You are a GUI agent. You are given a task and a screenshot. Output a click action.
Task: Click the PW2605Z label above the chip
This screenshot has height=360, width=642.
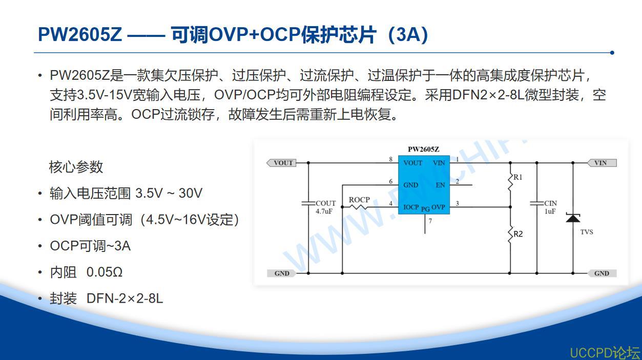(x=423, y=149)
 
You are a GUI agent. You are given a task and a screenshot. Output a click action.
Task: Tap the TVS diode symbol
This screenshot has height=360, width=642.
(x=573, y=218)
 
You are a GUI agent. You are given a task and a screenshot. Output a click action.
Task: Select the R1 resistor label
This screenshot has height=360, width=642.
(x=518, y=177)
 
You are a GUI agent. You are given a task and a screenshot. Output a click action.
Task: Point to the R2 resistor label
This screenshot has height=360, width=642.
(x=518, y=234)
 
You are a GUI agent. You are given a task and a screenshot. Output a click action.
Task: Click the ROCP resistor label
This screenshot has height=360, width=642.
(x=359, y=200)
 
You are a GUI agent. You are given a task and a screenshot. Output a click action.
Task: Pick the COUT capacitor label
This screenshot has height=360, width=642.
(x=325, y=203)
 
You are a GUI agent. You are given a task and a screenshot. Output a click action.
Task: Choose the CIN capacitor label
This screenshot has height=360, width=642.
(x=551, y=203)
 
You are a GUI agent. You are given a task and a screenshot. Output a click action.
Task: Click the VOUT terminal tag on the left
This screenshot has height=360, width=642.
(x=281, y=163)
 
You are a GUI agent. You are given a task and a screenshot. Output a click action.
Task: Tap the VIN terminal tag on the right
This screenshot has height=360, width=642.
(x=602, y=163)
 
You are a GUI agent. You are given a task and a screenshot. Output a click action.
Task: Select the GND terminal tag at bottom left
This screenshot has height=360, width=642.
(x=281, y=273)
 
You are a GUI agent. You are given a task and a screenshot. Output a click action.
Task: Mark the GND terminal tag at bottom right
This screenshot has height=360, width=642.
(x=602, y=273)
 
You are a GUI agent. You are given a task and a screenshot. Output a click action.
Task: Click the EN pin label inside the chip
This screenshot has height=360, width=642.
(x=440, y=185)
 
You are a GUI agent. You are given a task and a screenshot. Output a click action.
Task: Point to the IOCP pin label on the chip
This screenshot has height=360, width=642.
(x=411, y=207)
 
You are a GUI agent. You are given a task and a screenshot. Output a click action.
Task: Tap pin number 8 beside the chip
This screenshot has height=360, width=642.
(x=390, y=159)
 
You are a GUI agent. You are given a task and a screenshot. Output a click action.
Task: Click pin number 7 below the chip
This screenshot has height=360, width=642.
(x=430, y=221)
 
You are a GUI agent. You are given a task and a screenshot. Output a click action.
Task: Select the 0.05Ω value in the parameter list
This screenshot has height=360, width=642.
(x=105, y=272)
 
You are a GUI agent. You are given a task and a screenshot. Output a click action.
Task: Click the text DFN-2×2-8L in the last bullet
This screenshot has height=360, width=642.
(x=125, y=299)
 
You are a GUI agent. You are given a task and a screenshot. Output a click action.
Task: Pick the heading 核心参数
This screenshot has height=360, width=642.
(x=76, y=167)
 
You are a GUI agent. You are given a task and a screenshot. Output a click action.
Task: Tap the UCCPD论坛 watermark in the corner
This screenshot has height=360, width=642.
(x=605, y=352)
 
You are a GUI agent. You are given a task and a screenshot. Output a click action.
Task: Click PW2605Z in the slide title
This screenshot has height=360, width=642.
(x=80, y=34)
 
